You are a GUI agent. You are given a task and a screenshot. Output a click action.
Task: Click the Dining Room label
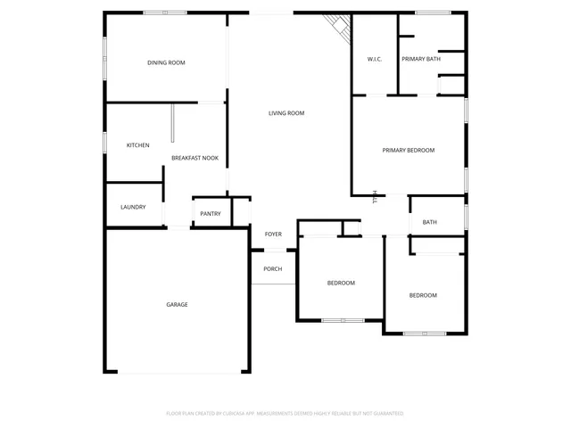[166, 62]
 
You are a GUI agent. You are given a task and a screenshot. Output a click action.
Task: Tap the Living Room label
[287, 113]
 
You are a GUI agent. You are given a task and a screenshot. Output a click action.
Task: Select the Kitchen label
[137, 145]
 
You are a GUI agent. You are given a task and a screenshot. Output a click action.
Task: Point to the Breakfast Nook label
[194, 158]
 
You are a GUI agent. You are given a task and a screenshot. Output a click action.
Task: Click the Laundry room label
[133, 208]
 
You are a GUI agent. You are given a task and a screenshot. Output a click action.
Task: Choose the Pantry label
[211, 214]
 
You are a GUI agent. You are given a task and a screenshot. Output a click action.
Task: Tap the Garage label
[177, 305]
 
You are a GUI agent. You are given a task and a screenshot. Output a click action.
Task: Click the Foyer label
[273, 235]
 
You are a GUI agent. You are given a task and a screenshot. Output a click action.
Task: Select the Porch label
[273, 268]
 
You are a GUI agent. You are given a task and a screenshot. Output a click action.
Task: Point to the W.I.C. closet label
[375, 59]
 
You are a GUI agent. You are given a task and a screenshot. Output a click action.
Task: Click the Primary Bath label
[421, 59]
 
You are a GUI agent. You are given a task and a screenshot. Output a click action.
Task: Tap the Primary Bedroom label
[409, 150]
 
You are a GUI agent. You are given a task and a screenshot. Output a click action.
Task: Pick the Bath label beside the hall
[430, 222]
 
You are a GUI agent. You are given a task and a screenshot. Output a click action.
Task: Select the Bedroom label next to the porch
[341, 283]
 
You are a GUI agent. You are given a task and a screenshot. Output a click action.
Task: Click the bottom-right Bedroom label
[423, 295]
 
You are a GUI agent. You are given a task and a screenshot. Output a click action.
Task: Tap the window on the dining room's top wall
[165, 12]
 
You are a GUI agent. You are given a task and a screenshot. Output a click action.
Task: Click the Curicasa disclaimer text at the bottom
[285, 414]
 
